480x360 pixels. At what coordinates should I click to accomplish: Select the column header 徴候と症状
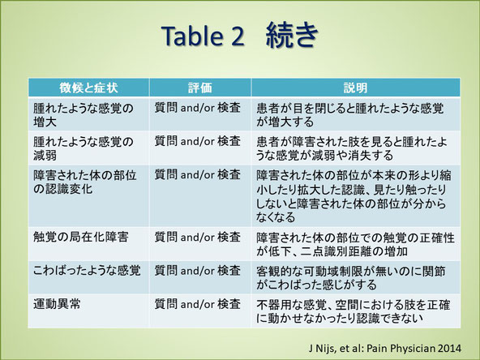[x=88, y=88]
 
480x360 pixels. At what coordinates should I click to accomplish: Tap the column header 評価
[x=200, y=88]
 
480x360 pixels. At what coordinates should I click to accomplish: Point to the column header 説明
[x=355, y=88]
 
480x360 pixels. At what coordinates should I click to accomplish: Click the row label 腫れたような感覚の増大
[x=84, y=115]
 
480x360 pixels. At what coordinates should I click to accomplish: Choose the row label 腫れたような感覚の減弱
[x=84, y=148]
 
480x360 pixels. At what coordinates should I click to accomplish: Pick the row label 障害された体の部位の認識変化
[x=85, y=182]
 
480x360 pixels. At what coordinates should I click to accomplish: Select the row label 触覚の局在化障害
[x=81, y=238]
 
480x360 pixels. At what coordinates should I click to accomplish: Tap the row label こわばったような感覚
[x=87, y=271]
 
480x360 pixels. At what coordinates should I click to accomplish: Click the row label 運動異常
[x=57, y=304]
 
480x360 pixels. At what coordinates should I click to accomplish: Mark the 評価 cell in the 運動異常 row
[x=198, y=304]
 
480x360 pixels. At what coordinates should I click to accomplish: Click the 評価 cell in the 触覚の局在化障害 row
[x=198, y=238]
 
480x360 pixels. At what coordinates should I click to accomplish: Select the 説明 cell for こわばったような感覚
[x=351, y=278]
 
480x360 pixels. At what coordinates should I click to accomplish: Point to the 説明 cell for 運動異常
[x=354, y=311]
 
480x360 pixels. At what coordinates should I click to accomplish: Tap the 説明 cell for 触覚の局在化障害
[x=355, y=245]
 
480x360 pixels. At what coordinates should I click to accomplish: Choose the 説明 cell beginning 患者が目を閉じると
[x=350, y=115]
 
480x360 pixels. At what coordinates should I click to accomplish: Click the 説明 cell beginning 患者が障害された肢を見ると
[x=352, y=148]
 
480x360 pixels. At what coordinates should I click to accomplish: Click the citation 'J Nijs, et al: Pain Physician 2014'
[x=385, y=349]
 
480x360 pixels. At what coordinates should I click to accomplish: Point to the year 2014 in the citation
[x=449, y=348]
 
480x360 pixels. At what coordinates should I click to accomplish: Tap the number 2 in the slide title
[x=237, y=36]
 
